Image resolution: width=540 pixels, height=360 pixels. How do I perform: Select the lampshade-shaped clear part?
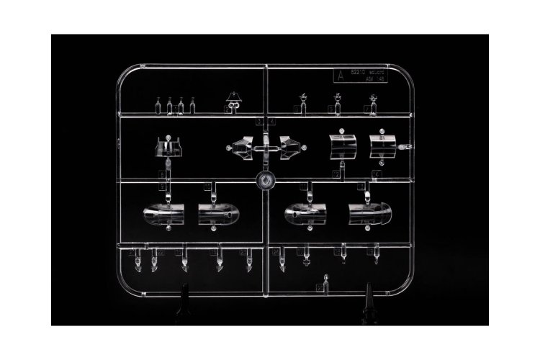233,99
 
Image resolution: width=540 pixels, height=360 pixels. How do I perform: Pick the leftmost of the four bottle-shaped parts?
158,106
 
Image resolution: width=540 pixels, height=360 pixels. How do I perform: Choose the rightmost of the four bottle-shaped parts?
192,106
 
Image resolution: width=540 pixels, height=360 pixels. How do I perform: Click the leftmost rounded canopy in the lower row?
164,214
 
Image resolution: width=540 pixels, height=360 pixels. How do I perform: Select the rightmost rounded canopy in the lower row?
369,212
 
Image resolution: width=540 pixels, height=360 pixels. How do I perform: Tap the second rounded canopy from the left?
218,214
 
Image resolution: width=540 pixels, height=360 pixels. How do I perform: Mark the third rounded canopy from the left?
307,213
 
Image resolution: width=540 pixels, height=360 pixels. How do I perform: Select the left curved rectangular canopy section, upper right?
342,145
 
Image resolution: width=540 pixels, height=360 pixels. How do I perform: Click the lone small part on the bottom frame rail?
326,282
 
